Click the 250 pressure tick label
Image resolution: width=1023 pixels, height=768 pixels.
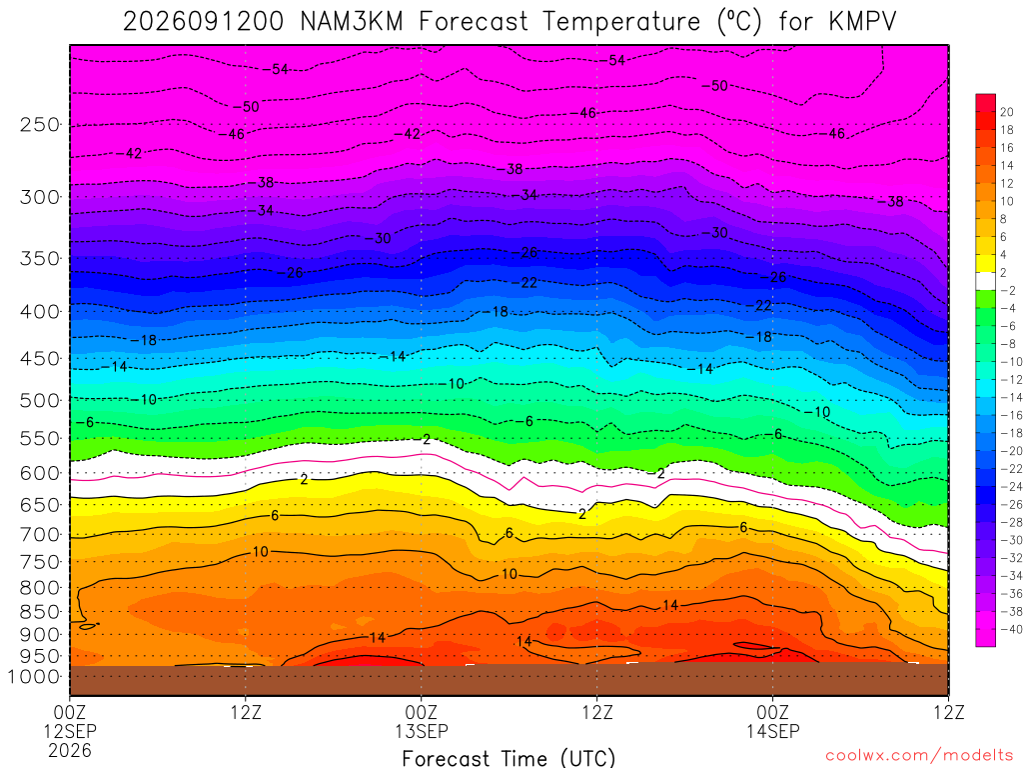40,124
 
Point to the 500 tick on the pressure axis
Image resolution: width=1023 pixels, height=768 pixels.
40,400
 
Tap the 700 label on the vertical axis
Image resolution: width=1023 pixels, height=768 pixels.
40,534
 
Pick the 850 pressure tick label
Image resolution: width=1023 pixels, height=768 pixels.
40,612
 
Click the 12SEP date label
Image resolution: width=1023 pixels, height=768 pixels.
70,731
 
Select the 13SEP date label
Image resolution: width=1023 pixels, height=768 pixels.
422,731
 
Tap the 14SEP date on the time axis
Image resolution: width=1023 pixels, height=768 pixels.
773,731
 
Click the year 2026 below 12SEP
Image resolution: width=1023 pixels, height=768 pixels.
70,750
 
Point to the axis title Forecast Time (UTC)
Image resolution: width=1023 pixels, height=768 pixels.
509,758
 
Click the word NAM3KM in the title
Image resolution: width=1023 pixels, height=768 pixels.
352,22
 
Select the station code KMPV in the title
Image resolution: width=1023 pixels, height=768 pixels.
862,22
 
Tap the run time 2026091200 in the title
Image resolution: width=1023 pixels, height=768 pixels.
204,22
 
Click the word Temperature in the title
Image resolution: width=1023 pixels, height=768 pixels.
621,22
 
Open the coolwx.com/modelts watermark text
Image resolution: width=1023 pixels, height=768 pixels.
919,756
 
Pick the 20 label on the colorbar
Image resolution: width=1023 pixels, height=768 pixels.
1007,112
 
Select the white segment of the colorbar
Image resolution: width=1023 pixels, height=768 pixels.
986,281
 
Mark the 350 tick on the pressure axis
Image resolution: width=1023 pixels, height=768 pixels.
40,258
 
